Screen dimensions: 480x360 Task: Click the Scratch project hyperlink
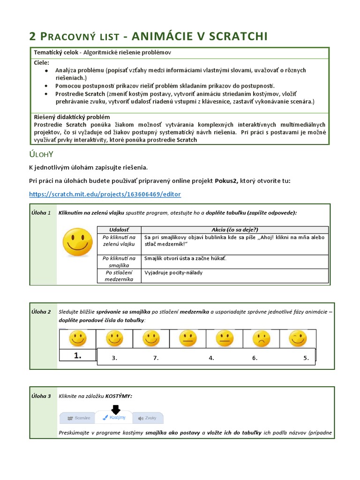tap(105, 194)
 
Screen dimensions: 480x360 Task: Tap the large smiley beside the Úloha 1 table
tap(78, 242)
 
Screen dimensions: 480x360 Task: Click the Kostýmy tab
tap(114, 417)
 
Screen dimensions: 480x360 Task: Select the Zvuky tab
tap(148, 417)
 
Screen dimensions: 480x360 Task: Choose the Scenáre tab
tap(79, 417)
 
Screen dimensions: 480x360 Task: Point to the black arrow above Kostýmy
tap(114, 409)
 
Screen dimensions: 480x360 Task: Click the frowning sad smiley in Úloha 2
tap(261, 338)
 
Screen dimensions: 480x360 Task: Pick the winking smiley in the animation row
tap(298, 338)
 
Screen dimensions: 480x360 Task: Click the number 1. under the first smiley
tap(77, 356)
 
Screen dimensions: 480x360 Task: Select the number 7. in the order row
tap(156, 358)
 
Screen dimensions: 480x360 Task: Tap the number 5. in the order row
tap(306, 358)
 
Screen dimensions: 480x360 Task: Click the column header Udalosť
tap(119, 229)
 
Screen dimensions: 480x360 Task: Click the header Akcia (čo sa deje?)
tap(235, 229)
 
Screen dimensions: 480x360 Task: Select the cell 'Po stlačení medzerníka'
tap(119, 276)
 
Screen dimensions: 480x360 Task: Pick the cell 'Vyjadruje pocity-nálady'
tap(173, 272)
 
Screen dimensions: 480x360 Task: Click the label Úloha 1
tap(42, 213)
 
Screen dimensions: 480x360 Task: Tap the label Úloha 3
tap(42, 396)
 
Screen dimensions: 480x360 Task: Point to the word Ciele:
tap(42, 62)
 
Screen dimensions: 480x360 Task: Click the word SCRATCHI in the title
tap(235, 36)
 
